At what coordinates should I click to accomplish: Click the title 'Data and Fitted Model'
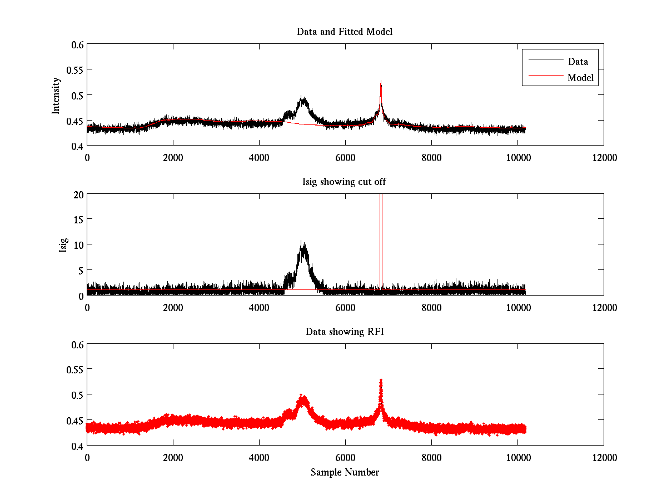[345, 32]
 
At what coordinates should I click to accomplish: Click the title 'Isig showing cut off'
[345, 182]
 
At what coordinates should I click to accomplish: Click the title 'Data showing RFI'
[345, 332]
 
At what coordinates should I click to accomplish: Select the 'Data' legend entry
[578, 62]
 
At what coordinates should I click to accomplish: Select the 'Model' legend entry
[580, 78]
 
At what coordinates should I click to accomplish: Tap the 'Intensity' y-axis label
[56, 95]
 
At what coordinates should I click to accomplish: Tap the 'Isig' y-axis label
[63, 245]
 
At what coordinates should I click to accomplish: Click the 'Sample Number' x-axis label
[345, 472]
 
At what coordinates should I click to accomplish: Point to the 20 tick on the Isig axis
[77, 194]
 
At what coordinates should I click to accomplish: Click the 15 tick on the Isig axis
[77, 219]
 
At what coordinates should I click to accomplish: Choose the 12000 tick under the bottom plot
[604, 457]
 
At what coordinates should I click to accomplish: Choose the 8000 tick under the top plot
[431, 157]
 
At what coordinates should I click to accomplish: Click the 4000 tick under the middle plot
[259, 307]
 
